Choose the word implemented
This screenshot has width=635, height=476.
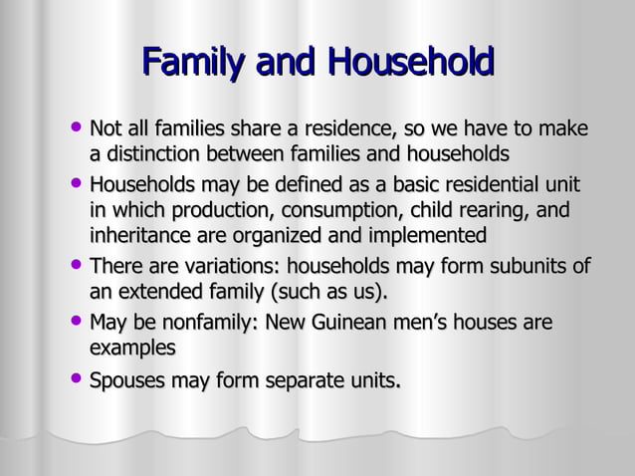[426, 236]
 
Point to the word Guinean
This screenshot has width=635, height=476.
[347, 324]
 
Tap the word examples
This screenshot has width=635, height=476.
[132, 349]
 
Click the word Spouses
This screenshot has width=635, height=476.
[127, 380]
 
